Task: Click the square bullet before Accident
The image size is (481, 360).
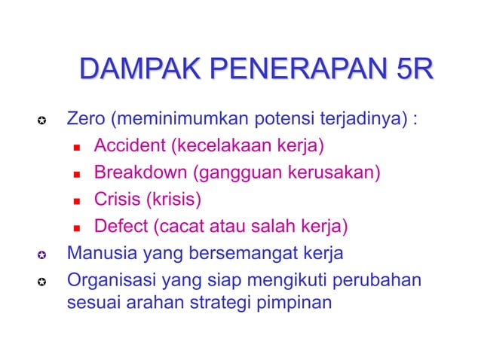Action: point(77,147)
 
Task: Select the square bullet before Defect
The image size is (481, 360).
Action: point(77,227)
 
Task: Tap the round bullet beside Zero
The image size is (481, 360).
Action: point(44,121)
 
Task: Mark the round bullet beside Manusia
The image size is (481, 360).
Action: point(44,254)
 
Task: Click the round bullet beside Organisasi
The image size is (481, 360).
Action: point(44,281)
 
